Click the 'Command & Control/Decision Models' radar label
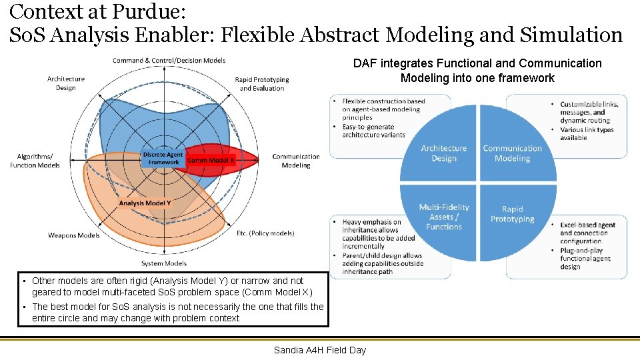tap(169, 61)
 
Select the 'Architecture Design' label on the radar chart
tap(65, 83)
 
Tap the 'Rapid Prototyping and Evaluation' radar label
tap(262, 84)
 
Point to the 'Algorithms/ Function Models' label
tap(35, 161)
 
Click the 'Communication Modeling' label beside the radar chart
tap(295, 161)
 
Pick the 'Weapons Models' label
tap(73, 235)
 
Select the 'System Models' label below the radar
tap(164, 263)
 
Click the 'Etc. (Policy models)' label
tap(265, 233)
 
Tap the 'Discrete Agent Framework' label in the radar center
tap(163, 159)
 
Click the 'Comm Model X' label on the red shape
tap(211, 160)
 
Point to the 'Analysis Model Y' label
tap(145, 203)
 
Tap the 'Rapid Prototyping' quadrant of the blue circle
tap(512, 214)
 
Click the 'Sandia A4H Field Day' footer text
tap(319, 350)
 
